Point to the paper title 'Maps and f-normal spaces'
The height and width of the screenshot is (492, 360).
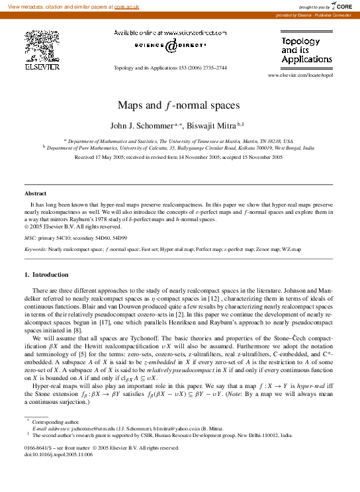coord(179,105)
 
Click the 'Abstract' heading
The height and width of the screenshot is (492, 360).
coord(35,193)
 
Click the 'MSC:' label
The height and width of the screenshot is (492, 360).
coord(30,237)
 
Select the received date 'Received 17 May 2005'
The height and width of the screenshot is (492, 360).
coord(101,158)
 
